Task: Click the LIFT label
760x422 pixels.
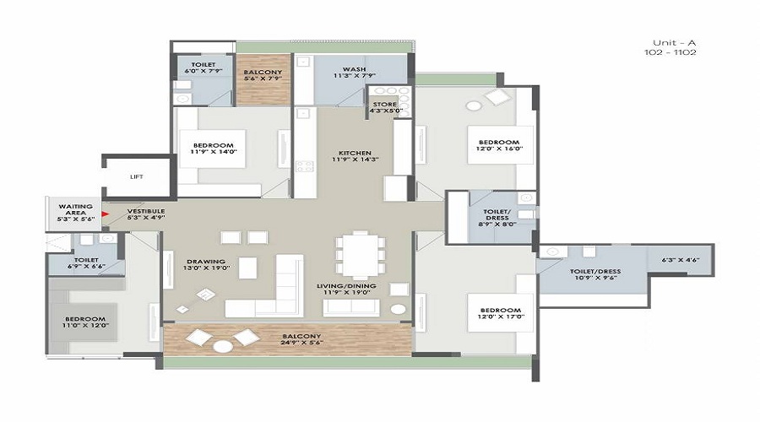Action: [137, 177]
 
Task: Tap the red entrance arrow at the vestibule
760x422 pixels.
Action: [105, 214]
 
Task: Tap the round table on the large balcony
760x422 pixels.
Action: [222, 346]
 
